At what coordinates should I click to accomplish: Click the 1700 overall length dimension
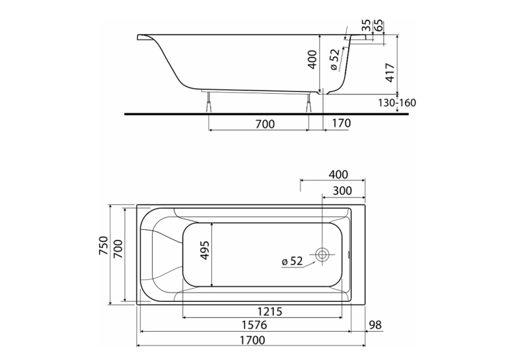point(253,340)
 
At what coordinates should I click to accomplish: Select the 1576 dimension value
point(254,325)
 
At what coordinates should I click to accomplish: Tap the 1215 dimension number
point(270,312)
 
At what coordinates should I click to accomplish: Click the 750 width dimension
point(104,246)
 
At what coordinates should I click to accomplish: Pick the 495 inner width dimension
point(205,250)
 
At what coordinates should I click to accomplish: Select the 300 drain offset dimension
point(342,191)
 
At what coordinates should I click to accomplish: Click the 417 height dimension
point(390,73)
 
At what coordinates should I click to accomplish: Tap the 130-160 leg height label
point(397,103)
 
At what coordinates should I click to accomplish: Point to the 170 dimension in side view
point(341,123)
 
